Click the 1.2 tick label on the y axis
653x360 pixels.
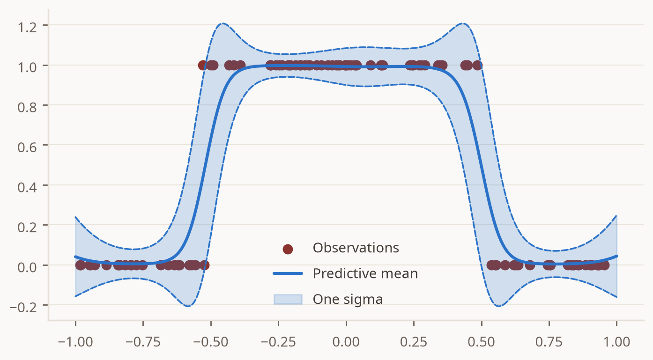27,28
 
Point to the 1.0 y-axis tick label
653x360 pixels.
27,67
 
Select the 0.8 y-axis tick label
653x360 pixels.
27,108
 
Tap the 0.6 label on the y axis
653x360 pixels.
27,147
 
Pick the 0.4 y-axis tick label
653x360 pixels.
27,187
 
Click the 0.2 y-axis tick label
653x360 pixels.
27,227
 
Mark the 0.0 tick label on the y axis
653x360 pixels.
27,267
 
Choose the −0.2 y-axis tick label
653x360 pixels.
23,307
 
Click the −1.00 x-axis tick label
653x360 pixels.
75,342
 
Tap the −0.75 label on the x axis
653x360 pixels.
143,342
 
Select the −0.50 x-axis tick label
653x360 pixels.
211,342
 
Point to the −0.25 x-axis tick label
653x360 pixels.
278,342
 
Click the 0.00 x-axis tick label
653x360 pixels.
346,342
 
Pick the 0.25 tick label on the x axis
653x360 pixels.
414,342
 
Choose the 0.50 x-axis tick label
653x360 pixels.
481,342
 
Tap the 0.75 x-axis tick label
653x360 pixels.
549,342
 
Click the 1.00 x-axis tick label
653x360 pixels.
616,342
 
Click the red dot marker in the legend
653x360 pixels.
288,249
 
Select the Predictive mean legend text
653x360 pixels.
365,273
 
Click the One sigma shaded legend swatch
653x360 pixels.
288,300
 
